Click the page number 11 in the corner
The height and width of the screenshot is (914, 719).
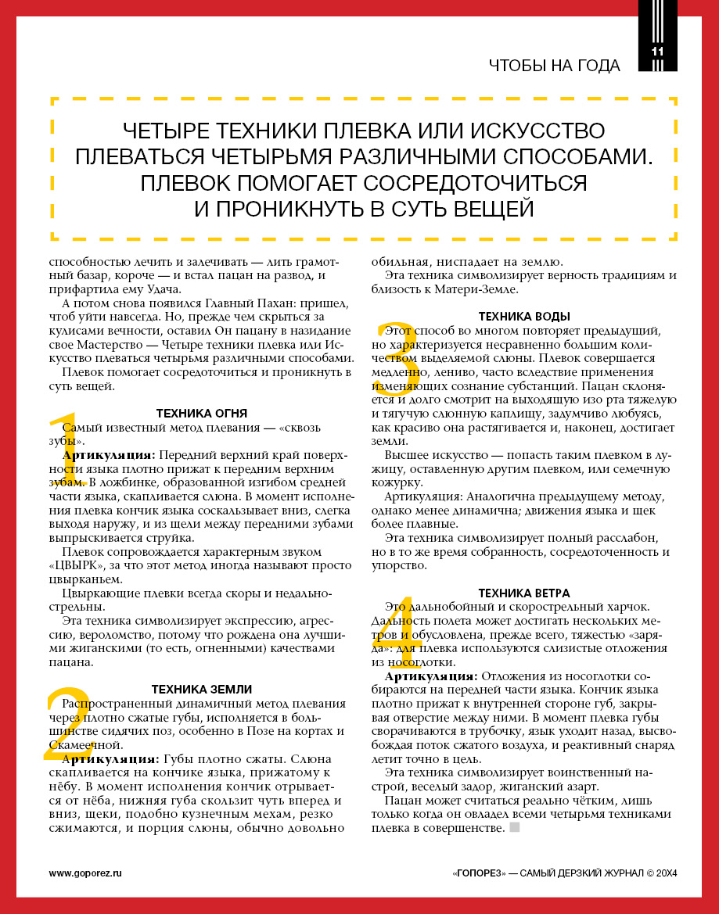pos(656,52)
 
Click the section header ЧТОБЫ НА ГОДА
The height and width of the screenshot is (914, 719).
pos(554,66)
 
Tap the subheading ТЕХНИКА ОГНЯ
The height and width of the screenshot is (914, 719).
pos(202,414)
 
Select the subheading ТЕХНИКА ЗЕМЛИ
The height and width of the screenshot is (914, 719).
pos(202,689)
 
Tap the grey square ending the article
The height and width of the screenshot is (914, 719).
pos(514,827)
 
